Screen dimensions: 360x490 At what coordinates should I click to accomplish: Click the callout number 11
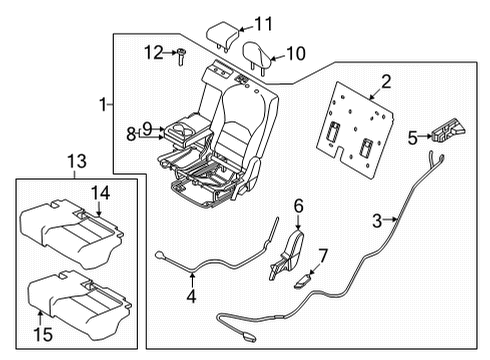(x=263, y=23)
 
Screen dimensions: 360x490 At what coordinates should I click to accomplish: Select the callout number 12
(x=153, y=51)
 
